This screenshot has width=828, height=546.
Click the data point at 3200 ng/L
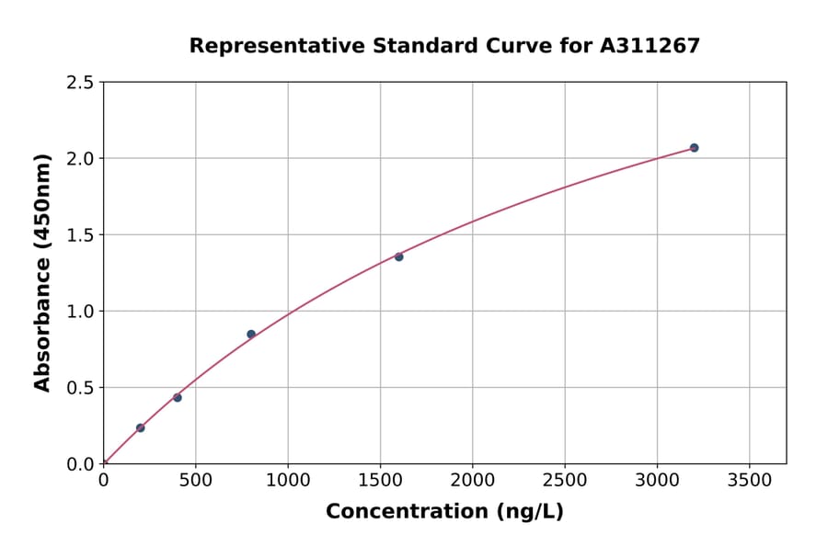(x=694, y=148)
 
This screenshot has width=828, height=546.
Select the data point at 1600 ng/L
(x=398, y=256)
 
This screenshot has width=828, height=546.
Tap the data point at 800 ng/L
(x=251, y=335)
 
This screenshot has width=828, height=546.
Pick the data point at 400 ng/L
(x=178, y=397)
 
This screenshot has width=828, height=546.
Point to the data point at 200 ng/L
(x=140, y=427)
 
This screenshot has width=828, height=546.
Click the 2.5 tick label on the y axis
(x=80, y=83)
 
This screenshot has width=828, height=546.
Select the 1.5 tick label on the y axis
(x=80, y=235)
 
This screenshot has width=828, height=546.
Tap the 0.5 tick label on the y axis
(x=80, y=388)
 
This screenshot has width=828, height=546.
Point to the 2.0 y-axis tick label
(x=80, y=159)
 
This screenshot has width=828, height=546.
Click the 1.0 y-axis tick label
(x=80, y=312)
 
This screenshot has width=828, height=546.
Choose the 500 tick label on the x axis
(x=195, y=480)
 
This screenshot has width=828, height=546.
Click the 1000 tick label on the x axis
(x=288, y=480)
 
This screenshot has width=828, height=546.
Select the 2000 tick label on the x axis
(x=472, y=480)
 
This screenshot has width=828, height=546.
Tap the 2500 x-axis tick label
(x=565, y=480)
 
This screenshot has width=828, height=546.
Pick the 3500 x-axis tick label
(x=749, y=480)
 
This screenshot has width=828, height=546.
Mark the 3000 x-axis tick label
(x=657, y=480)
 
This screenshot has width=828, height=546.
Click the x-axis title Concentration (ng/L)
(x=444, y=512)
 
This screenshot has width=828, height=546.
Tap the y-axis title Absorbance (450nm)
(x=42, y=272)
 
